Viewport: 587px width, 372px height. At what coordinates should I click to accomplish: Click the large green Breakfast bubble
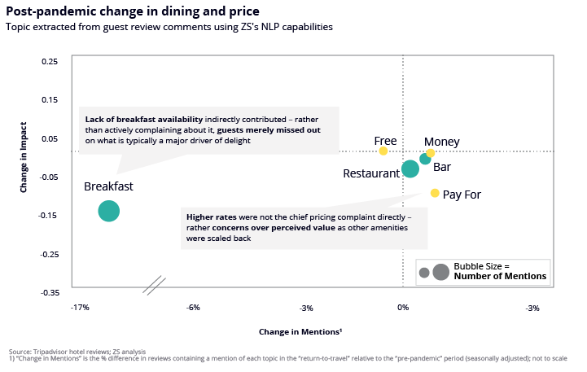pos(109,211)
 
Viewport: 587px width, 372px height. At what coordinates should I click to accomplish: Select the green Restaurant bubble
pos(410,168)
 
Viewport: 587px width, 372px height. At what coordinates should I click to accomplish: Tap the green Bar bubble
pos(425,159)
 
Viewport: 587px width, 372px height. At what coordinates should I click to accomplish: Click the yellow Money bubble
pos(431,153)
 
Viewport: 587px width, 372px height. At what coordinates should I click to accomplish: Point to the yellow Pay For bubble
pos(435,193)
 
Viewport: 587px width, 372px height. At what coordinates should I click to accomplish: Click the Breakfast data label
pos(108,186)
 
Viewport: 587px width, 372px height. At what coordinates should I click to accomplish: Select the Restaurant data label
pos(370,173)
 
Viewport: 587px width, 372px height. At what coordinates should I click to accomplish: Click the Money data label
pos(442,142)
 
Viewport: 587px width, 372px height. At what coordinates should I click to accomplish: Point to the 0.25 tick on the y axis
pos(50,61)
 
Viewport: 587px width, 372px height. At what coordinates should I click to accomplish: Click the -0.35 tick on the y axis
pos(49,291)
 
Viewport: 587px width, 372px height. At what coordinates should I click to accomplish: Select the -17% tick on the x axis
pos(79,308)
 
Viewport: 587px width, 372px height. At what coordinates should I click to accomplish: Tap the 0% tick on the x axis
pos(402,308)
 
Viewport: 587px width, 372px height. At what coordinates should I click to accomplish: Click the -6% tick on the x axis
pos(193,308)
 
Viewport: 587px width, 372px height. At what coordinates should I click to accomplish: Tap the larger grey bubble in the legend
pos(440,272)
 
